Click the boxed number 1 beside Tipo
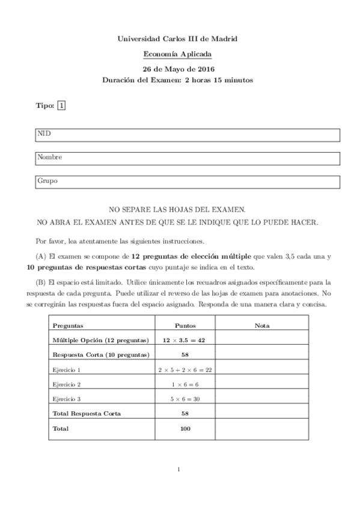click(x=61, y=106)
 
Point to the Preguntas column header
click(x=68, y=325)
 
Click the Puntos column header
click(x=185, y=325)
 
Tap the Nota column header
click(x=261, y=325)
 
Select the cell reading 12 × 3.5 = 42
click(x=185, y=340)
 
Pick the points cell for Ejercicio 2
click(x=185, y=384)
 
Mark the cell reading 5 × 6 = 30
click(x=185, y=399)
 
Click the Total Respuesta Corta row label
click(x=87, y=414)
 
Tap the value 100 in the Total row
click(x=185, y=429)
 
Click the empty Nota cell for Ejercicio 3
click(x=261, y=399)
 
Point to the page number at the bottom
click(x=179, y=470)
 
